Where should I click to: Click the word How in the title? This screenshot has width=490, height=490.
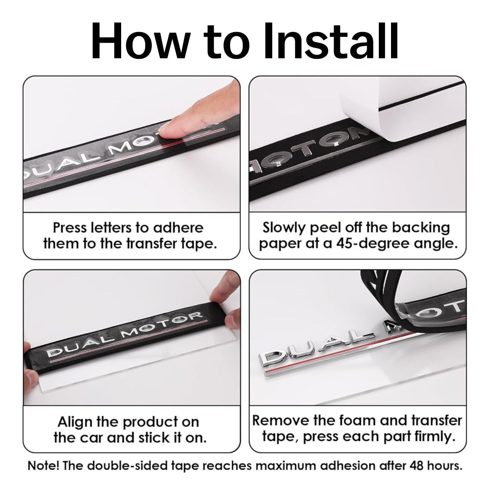tap(140, 41)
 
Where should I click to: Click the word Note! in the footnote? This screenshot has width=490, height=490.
tap(43, 466)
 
